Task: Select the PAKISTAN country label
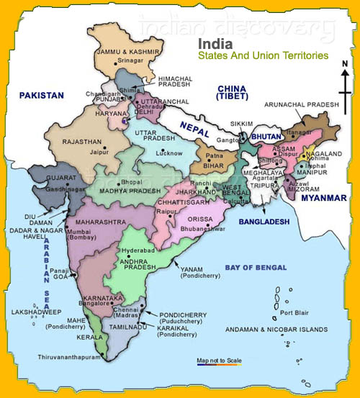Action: pyautogui.click(x=42, y=95)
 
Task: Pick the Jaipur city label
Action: pyautogui.click(x=99, y=152)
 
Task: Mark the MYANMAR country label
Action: pyautogui.click(x=325, y=197)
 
